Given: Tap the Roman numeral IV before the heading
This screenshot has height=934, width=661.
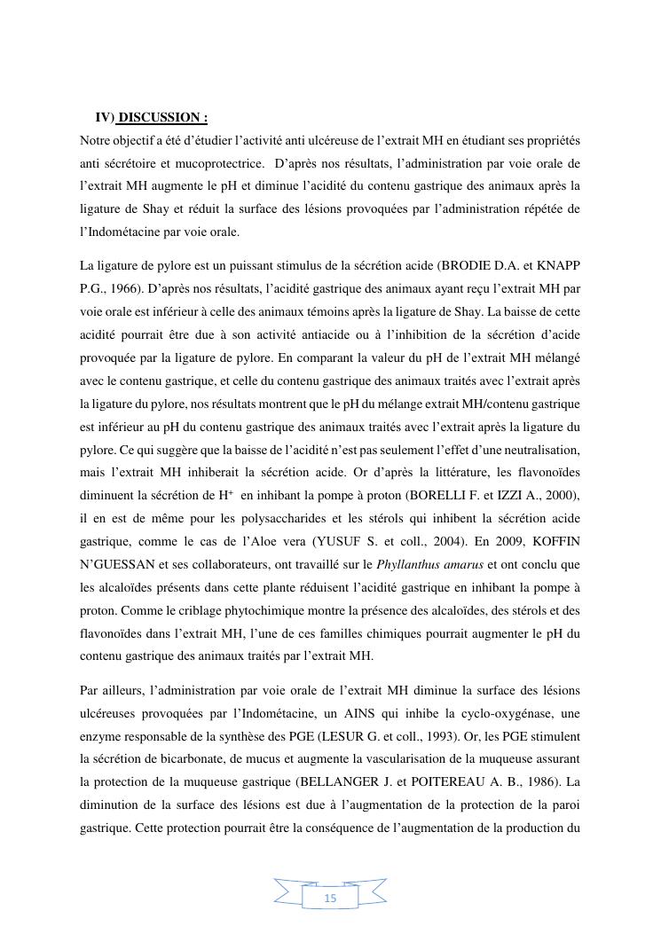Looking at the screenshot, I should pyautogui.click(x=103, y=118).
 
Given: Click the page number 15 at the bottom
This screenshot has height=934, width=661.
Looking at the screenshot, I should pyautogui.click(x=330, y=899).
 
